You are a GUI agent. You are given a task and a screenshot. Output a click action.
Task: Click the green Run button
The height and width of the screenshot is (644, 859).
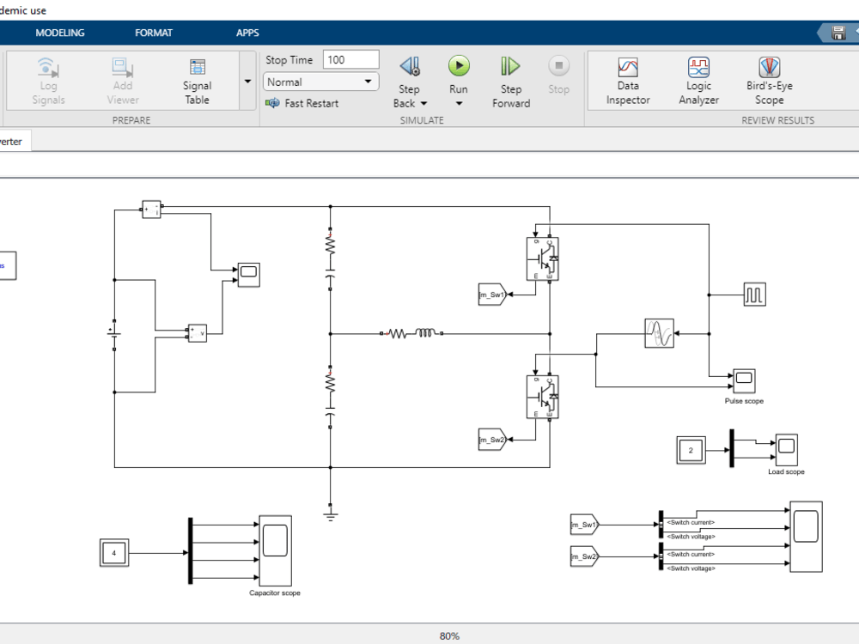[x=459, y=66]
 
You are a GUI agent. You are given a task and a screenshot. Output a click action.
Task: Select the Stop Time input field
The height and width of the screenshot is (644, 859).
[x=350, y=60]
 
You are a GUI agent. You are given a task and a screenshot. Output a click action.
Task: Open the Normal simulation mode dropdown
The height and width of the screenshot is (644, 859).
[x=321, y=82]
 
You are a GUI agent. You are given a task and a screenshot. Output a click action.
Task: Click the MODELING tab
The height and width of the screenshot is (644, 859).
[x=60, y=33]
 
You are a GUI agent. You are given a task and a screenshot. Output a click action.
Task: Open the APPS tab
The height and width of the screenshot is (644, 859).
[x=247, y=33]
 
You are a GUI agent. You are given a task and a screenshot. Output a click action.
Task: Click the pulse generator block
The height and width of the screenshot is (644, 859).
[x=755, y=295]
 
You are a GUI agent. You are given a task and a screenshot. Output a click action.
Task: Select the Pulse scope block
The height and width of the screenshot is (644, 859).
[x=743, y=379]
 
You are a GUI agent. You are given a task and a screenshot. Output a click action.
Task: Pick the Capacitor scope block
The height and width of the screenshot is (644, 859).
[x=275, y=550]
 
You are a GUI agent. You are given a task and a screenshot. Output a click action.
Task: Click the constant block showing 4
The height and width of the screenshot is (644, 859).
[x=114, y=554]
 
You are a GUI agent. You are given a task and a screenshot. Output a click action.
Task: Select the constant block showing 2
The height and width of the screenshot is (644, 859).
[x=691, y=450]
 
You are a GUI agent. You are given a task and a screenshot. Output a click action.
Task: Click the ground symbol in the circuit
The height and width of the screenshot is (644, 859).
[x=330, y=513]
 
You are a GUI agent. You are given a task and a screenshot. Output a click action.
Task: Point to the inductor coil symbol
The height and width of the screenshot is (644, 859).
[x=426, y=333]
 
